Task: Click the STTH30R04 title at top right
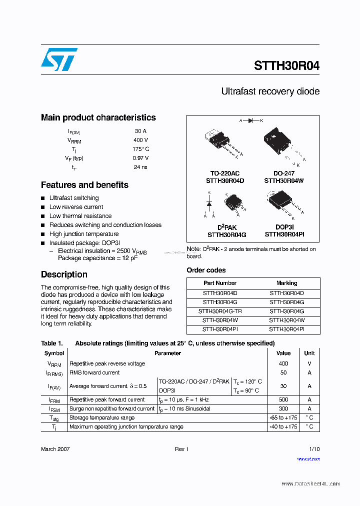(286, 66)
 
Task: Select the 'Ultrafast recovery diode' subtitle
(270, 91)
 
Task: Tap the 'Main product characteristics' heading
(98, 117)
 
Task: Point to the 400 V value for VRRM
(141, 140)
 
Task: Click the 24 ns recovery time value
(141, 167)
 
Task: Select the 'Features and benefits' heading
(84, 185)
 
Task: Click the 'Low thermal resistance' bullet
(80, 216)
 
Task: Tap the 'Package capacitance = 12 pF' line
(97, 258)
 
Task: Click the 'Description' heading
(64, 274)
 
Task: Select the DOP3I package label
(284, 227)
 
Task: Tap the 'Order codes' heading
(206, 270)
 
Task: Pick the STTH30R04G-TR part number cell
(219, 311)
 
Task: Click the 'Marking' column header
(286, 283)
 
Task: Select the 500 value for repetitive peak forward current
(283, 399)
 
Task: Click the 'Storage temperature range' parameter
(102, 417)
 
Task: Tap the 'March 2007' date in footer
(55, 449)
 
